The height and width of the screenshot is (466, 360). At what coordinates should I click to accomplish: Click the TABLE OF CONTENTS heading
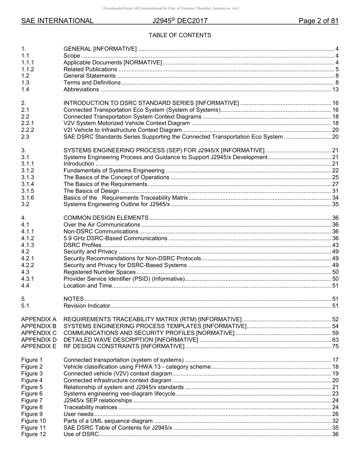(x=180, y=35)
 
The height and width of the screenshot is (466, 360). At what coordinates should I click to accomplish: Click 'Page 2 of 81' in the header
(x=318, y=21)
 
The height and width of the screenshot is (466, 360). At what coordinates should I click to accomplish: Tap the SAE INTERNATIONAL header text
(x=57, y=21)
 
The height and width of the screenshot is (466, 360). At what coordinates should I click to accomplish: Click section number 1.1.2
(x=28, y=69)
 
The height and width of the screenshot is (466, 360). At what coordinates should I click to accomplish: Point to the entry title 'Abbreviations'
(x=81, y=89)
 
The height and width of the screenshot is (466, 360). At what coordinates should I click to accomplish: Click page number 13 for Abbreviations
(x=335, y=89)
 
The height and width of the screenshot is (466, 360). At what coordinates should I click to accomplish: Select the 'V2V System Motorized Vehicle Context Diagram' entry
(x=127, y=123)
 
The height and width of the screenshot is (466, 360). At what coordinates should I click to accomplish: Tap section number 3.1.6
(x=28, y=198)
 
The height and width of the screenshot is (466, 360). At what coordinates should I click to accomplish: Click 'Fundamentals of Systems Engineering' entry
(x=114, y=170)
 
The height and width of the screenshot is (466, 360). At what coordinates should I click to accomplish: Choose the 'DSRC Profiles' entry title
(x=82, y=245)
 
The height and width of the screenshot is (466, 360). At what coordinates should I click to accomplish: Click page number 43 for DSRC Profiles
(x=335, y=245)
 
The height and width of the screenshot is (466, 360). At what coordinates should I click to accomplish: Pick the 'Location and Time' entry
(x=88, y=286)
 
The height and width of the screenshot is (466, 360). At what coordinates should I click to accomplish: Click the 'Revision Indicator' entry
(x=87, y=306)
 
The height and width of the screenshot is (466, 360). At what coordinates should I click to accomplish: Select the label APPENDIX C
(x=39, y=333)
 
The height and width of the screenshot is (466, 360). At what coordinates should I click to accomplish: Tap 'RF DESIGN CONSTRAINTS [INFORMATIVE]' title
(x=124, y=346)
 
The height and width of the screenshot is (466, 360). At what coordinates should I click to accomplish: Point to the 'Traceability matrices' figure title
(x=90, y=407)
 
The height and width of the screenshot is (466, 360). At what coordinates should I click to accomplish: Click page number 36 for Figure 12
(x=335, y=434)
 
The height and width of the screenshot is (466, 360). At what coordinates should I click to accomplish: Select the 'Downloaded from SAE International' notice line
(x=171, y=8)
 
